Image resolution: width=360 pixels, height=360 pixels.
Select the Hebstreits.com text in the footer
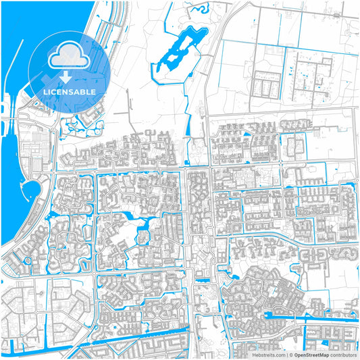pos(269,354)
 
